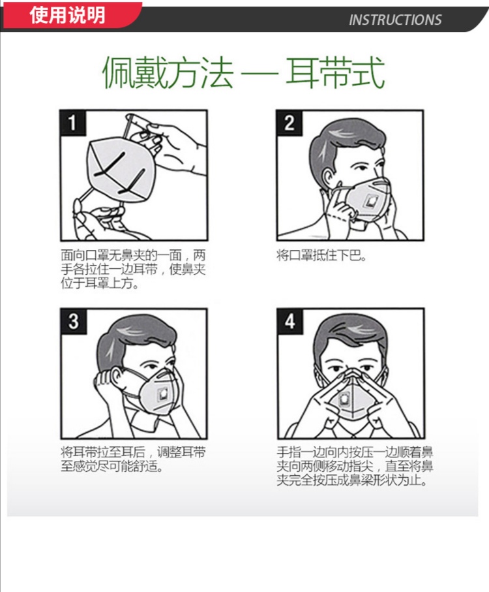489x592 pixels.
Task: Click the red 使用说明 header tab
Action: pyautogui.click(x=72, y=15)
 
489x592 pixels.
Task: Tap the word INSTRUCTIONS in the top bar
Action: pyautogui.click(x=394, y=20)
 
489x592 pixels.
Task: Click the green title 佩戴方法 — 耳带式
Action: pyautogui.click(x=244, y=72)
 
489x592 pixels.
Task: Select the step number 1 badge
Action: pyautogui.click(x=73, y=123)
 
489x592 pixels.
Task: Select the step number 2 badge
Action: pyautogui.click(x=289, y=123)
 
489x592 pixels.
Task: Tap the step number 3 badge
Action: pyautogui.click(x=74, y=321)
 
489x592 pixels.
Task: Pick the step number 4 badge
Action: pyautogui.click(x=290, y=321)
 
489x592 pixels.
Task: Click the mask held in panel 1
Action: pyautogui.click(x=120, y=170)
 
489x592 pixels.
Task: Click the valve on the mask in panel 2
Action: pyautogui.click(x=371, y=202)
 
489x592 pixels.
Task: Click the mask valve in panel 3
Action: pyautogui.click(x=164, y=394)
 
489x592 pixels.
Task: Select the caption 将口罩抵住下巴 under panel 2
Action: pyautogui.click(x=321, y=256)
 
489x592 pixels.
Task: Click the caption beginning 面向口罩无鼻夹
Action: pyautogui.click(x=133, y=269)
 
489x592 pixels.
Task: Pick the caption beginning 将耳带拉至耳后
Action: pyautogui.click(x=133, y=459)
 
